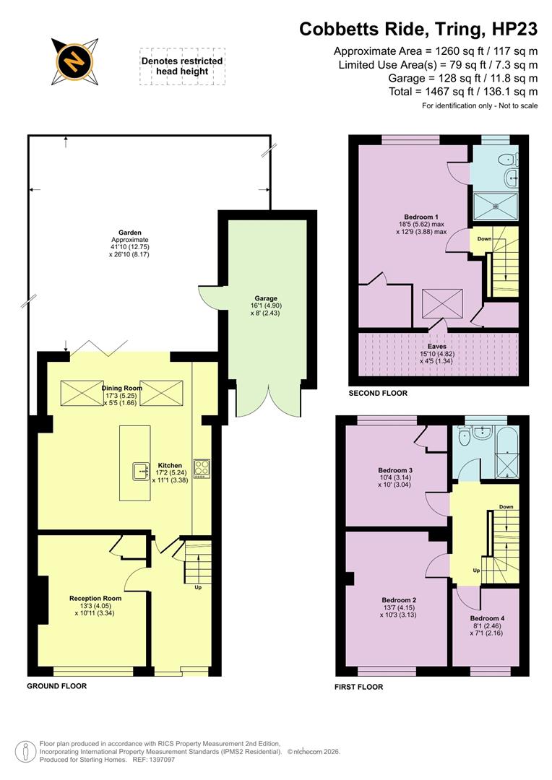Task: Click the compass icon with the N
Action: coord(74,62)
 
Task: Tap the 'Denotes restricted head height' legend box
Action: coord(182,66)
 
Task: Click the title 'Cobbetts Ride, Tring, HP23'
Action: coord(418,29)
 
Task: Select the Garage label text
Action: coord(265,298)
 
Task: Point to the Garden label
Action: coord(130,233)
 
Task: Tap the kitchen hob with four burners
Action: coord(202,468)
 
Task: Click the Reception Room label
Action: coord(95,599)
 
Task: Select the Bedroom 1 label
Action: coord(421,217)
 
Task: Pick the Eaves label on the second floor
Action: coord(437,347)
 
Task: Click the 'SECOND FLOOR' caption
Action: coord(378,394)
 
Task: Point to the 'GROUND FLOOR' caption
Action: coord(57,686)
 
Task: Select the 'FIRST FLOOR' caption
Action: coord(358,687)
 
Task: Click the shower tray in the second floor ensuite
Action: coord(496,204)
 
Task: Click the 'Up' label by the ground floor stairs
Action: coord(198,587)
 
